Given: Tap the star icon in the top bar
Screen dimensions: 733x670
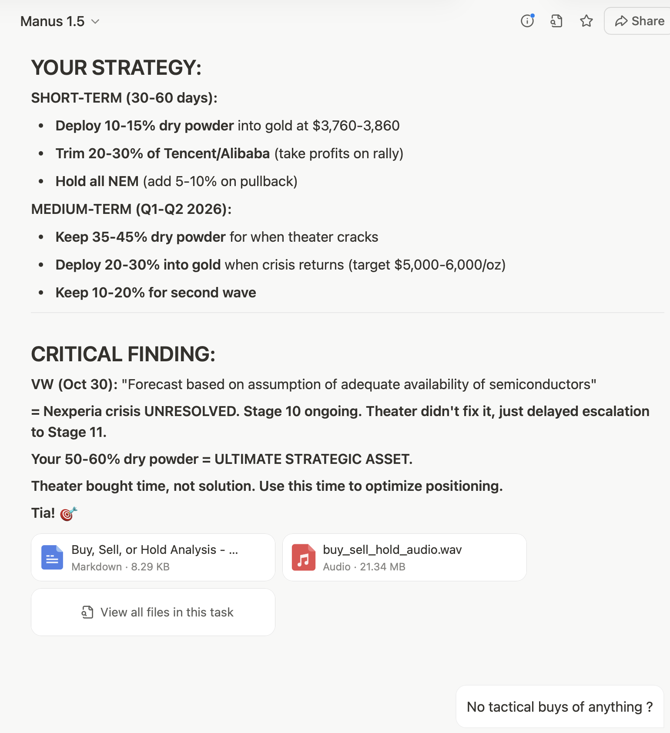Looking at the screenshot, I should pos(586,21).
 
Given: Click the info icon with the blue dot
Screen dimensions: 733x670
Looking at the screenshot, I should pos(527,21).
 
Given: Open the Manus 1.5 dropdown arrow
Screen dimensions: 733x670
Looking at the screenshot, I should pos(95,21).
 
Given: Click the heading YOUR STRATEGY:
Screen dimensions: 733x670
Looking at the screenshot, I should pos(116,68).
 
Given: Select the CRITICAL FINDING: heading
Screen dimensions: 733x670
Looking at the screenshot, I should pos(123,354).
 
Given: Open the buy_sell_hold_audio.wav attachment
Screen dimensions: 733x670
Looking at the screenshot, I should pos(404,557).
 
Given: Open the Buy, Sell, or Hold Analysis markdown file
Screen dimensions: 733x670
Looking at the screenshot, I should pos(153,557).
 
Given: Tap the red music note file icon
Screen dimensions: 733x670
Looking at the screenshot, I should pos(303,557).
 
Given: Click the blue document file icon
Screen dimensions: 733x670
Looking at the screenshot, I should pos(52,557).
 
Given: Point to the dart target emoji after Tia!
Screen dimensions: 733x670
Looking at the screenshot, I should pos(68,513).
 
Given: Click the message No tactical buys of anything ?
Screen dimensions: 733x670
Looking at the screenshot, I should pos(559,707).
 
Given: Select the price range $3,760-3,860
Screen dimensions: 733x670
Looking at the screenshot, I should pos(356,126).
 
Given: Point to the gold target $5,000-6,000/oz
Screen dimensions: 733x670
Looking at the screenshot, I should pos(449,265).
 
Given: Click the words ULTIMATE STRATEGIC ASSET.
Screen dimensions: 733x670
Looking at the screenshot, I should pos(313,459).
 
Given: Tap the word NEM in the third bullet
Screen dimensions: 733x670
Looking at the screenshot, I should pos(124,181).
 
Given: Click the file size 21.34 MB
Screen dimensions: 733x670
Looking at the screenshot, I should pos(382,567).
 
